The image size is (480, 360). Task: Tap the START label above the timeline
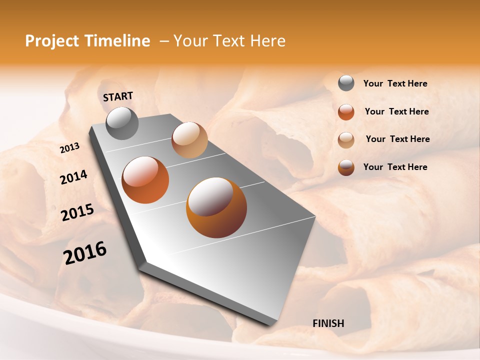[118, 96]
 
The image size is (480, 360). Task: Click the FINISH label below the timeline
[328, 323]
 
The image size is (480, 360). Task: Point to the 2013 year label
[69, 148]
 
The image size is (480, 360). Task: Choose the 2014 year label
[73, 177]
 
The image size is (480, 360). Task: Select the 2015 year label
[77, 212]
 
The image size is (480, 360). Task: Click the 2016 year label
[85, 252]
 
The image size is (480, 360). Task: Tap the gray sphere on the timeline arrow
[122, 123]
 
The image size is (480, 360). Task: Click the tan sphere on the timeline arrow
[189, 140]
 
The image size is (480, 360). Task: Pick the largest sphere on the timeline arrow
[216, 207]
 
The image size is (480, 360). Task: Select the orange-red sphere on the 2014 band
[145, 180]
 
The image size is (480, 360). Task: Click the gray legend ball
[346, 83]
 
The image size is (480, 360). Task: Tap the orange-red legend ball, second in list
[346, 112]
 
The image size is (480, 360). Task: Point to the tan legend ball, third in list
[346, 140]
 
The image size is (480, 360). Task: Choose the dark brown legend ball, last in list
[346, 167]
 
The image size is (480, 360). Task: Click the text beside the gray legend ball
[395, 84]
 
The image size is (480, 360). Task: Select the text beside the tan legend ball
[397, 139]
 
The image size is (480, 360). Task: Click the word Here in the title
[267, 41]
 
